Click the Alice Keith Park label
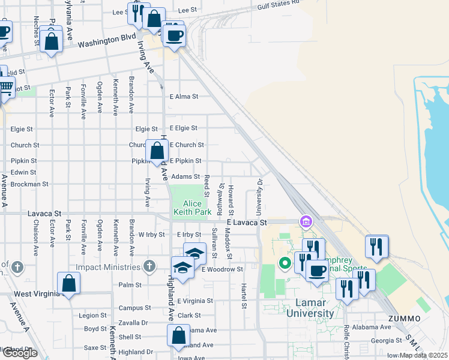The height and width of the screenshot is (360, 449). pos(192,208)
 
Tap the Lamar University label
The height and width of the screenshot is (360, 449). pos(310,308)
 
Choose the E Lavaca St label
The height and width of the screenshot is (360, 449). pos(246,223)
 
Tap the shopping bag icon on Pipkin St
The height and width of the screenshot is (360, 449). pos(157,151)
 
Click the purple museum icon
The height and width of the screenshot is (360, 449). pos(306,223)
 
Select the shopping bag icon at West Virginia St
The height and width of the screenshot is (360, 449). pos(69,284)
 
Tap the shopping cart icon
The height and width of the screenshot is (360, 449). pos(5,88)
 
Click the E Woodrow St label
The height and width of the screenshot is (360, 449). pos(222,269)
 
